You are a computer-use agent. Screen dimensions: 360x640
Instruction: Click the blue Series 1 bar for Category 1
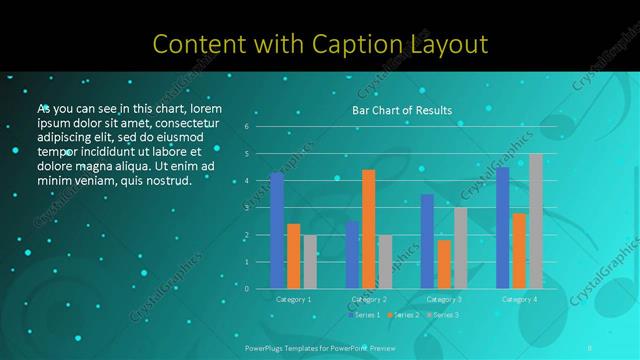[x=277, y=230]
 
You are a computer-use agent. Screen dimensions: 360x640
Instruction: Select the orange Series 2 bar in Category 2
[x=369, y=229]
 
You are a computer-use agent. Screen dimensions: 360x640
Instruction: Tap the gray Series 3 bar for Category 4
[x=536, y=221]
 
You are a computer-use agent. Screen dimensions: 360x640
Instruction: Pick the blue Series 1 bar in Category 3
[x=427, y=241]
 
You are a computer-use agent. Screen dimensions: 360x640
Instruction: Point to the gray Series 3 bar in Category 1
[x=310, y=261]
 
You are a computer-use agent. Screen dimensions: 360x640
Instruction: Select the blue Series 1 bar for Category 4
[x=503, y=227]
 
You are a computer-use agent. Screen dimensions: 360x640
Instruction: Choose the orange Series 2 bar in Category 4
[x=519, y=251]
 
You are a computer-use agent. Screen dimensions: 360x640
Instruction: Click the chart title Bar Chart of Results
[x=402, y=110]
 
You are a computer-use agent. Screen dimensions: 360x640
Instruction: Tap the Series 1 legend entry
[x=364, y=315]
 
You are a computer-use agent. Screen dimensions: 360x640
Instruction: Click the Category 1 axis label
[x=293, y=299]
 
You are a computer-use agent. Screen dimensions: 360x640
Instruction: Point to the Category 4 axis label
[x=519, y=299]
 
